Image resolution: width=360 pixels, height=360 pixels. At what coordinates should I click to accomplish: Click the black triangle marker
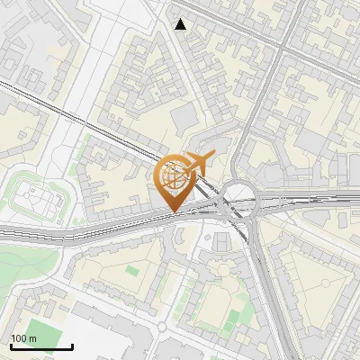(181, 24)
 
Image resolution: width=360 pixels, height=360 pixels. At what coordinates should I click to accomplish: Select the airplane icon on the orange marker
(197, 163)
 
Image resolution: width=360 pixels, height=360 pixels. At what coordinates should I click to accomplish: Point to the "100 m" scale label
(23, 338)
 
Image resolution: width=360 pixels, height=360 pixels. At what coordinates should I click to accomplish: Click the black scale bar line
(41, 346)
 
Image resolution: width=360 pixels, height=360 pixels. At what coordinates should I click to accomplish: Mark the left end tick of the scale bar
(11, 345)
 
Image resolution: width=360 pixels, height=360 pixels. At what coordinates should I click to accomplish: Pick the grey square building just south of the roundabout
(222, 243)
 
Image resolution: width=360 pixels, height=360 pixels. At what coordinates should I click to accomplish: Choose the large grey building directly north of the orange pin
(185, 118)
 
